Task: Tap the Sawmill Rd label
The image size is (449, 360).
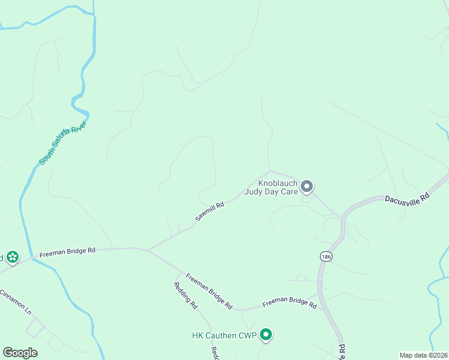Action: tap(209, 212)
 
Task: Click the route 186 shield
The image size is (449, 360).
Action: tap(325, 256)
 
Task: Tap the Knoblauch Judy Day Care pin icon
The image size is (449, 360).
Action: tap(307, 187)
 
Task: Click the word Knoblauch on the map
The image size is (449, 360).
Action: tap(278, 183)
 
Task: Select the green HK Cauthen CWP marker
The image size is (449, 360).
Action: tap(266, 335)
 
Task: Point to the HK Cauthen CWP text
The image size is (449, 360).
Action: tap(224, 335)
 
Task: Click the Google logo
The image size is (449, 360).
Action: tap(20, 353)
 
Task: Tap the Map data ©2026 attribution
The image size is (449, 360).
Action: tap(423, 355)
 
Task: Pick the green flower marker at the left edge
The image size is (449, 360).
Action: tap(12, 258)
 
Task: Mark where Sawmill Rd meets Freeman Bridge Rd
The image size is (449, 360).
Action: tap(148, 249)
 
